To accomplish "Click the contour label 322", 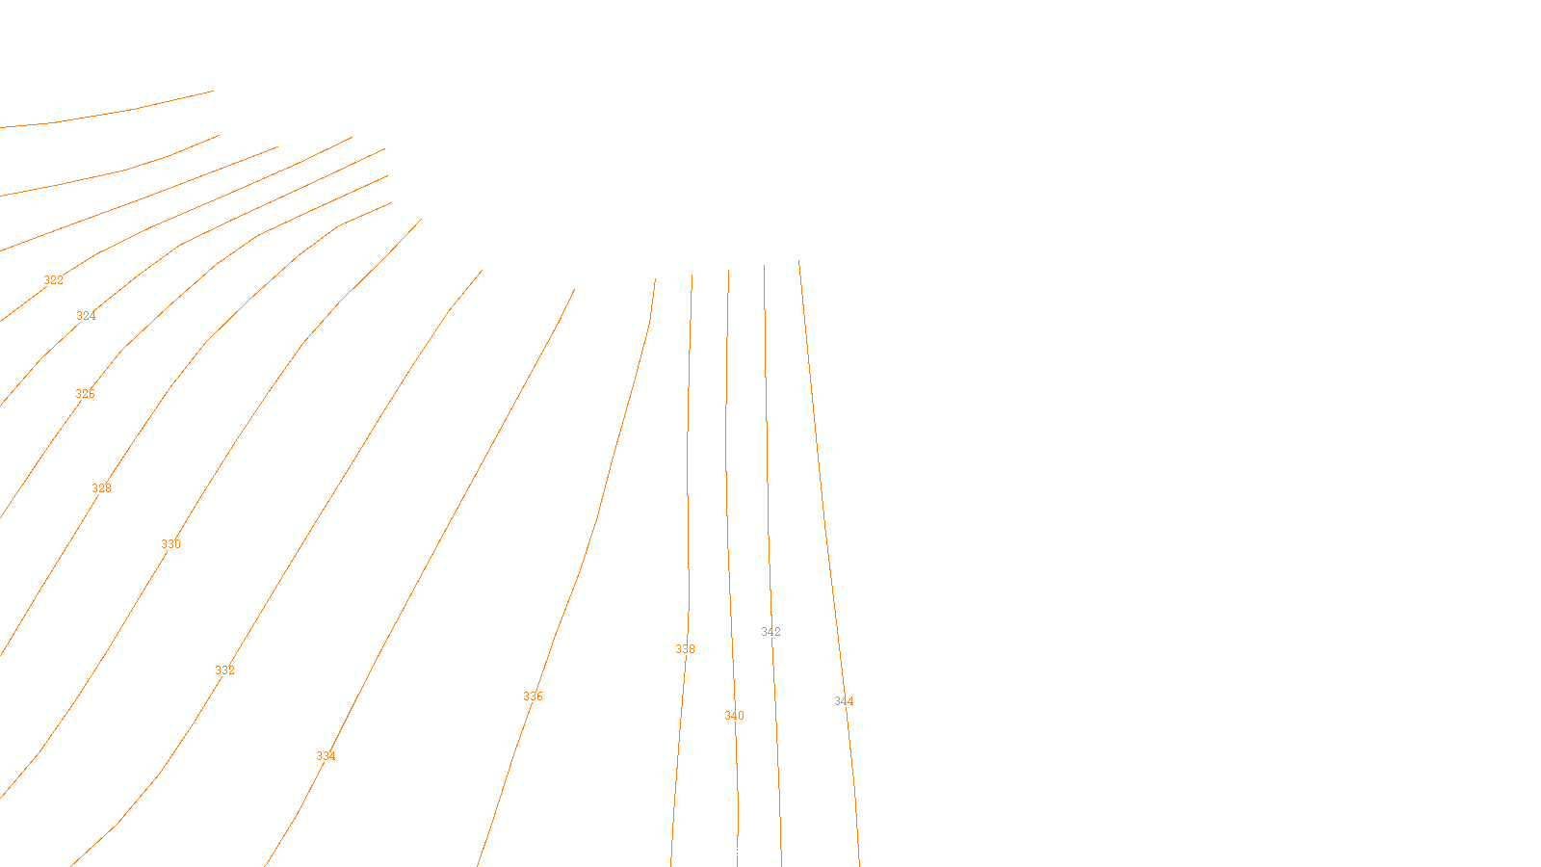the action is (x=53, y=280).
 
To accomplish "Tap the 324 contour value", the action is (x=86, y=316).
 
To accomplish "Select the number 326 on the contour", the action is (x=85, y=394).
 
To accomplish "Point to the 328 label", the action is (x=101, y=488).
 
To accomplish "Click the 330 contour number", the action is (x=170, y=544).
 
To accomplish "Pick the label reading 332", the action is (x=224, y=670).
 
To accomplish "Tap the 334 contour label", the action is (x=326, y=756).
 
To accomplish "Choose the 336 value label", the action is (x=533, y=696).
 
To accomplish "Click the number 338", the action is (x=685, y=649).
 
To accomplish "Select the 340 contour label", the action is (x=734, y=716).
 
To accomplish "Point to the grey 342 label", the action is (x=770, y=632).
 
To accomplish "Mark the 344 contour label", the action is (x=844, y=701).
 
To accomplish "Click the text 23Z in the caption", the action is (x=730, y=852).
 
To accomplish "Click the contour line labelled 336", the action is (x=578, y=578).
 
